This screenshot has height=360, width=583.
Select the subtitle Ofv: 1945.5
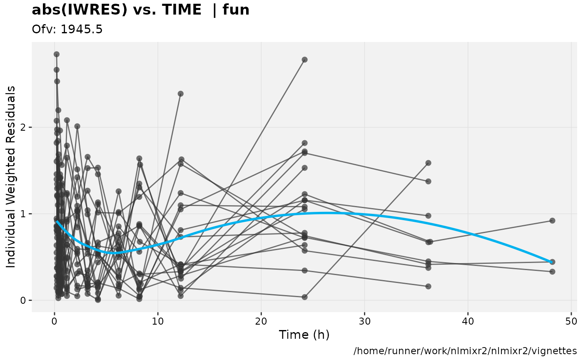click(67, 29)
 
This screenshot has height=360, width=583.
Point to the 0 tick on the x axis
click(55, 321)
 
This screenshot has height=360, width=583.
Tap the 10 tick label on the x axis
click(158, 321)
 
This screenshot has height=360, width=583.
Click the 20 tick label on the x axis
click(261, 321)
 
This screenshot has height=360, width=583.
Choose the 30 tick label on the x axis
click(364, 321)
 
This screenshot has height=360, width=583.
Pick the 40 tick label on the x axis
click(468, 321)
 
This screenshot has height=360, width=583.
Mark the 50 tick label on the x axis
click(571, 321)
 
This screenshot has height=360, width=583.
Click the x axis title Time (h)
click(304, 335)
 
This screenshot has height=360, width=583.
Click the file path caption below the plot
click(465, 351)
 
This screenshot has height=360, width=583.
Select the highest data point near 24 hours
click(304, 60)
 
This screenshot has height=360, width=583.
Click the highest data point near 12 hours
click(180, 94)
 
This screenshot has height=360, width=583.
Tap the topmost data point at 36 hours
click(428, 163)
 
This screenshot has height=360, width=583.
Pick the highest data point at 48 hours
click(552, 221)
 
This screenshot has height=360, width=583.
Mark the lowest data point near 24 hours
click(304, 297)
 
